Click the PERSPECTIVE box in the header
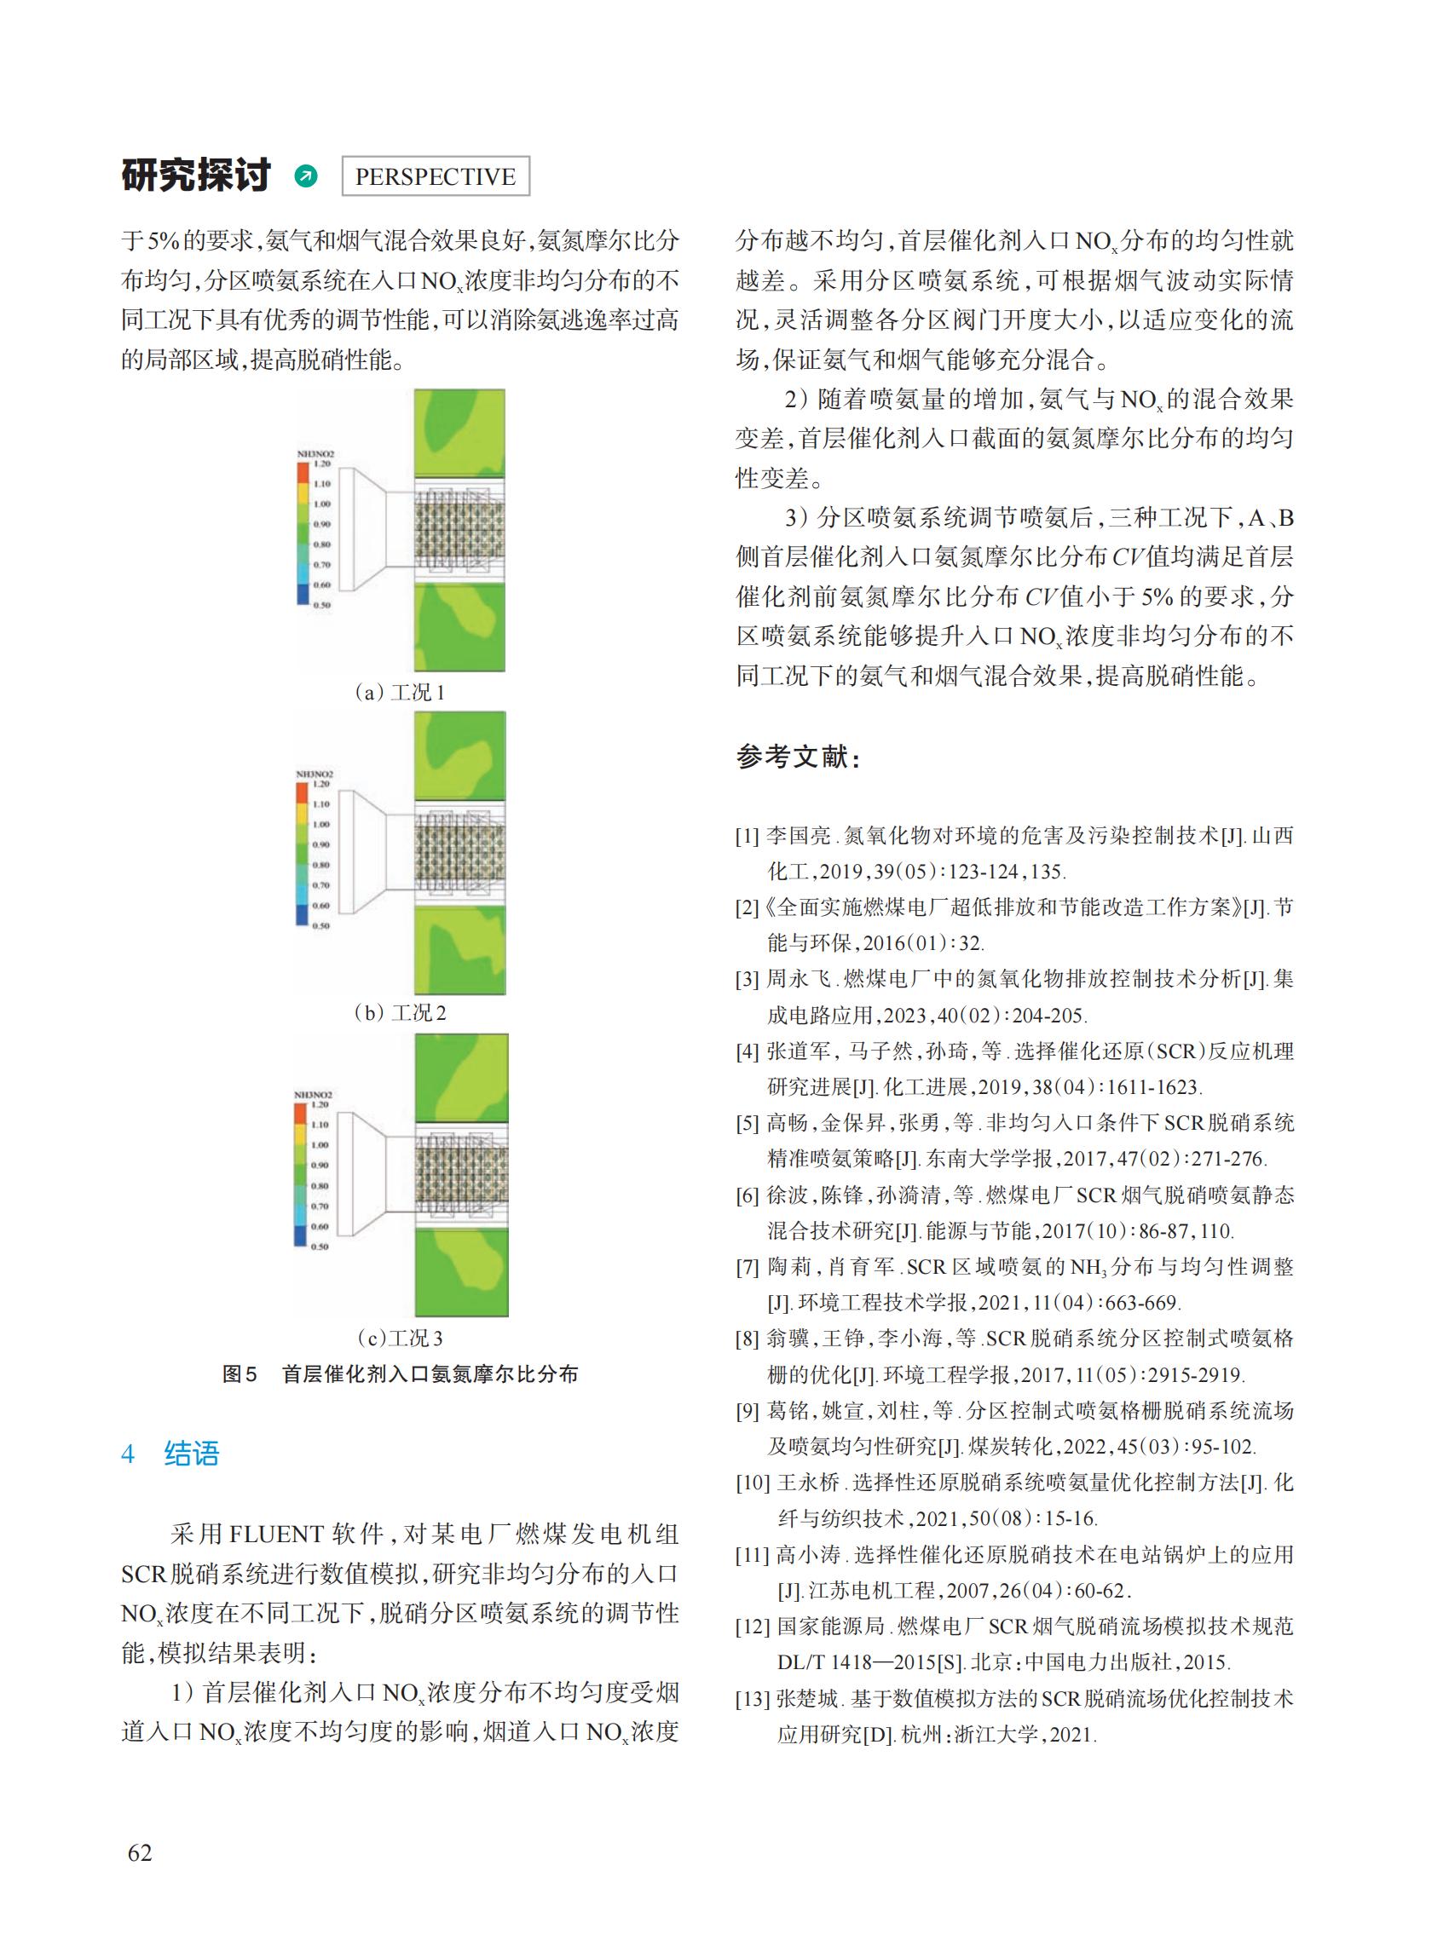coord(435,176)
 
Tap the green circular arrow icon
coord(306,176)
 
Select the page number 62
coord(140,1852)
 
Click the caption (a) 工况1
coord(400,693)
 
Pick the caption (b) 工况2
coord(400,1013)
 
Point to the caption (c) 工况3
coord(400,1339)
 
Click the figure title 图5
coord(240,1374)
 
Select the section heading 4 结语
coord(170,1454)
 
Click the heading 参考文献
coord(797,756)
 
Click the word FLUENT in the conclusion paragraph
coord(276,1534)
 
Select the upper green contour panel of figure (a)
coord(459,433)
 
